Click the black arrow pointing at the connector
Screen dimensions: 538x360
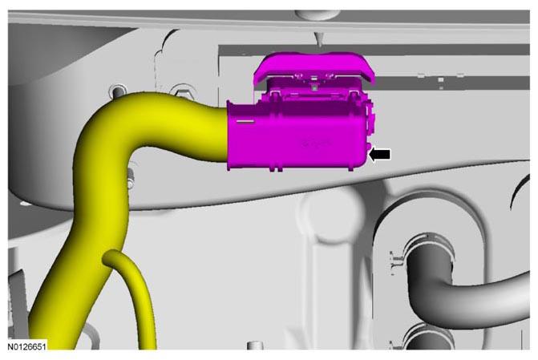pyautogui.click(x=380, y=155)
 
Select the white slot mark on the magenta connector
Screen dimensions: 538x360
pyautogui.click(x=245, y=121)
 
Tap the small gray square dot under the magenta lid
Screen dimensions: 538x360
pyautogui.click(x=314, y=88)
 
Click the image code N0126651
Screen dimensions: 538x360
pyautogui.click(x=26, y=346)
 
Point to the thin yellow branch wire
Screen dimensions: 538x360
pyautogui.click(x=137, y=295)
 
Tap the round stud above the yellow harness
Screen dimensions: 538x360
pyautogui.click(x=117, y=91)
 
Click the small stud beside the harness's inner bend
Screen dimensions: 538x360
pyautogui.click(x=130, y=179)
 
